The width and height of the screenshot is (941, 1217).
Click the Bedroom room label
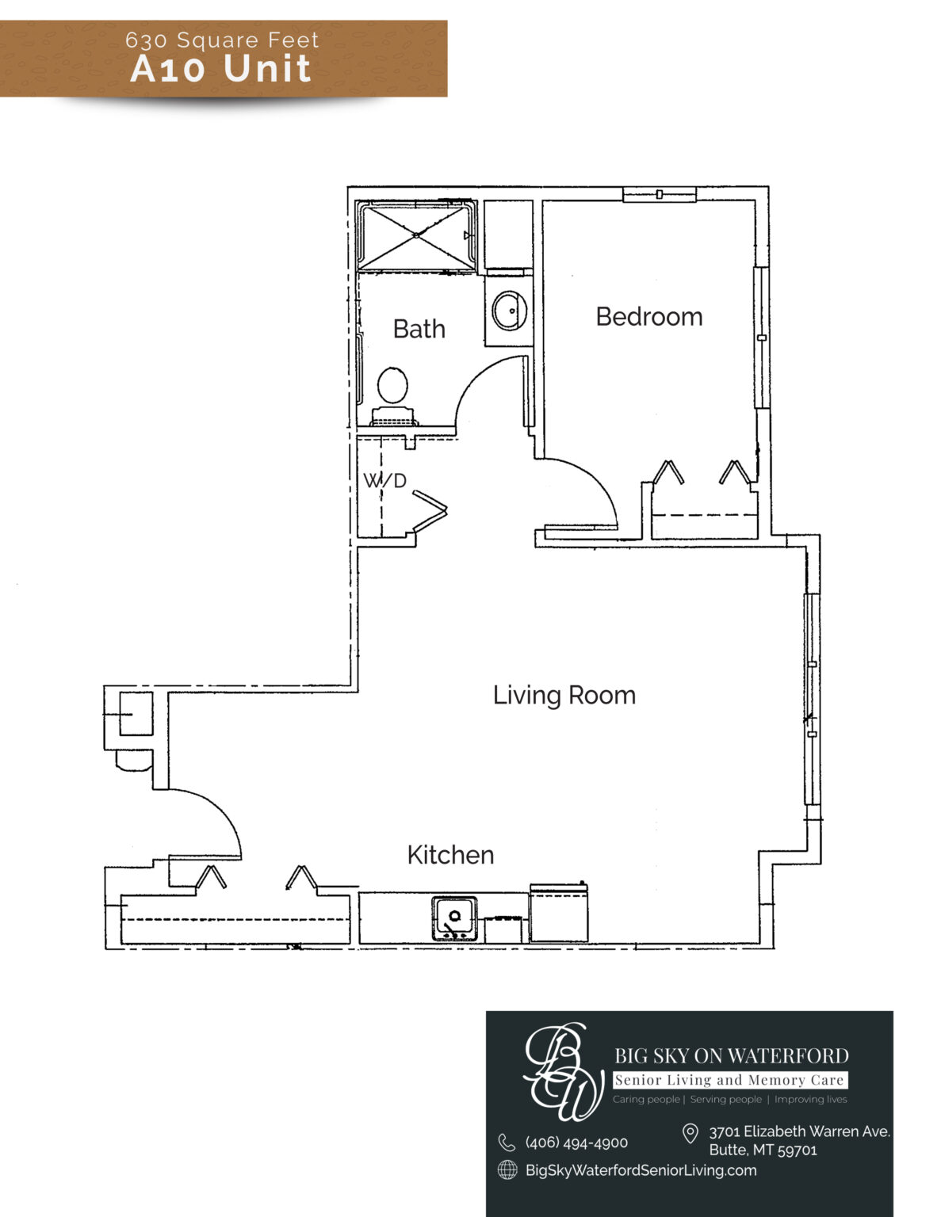(x=649, y=317)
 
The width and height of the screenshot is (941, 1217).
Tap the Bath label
(x=419, y=329)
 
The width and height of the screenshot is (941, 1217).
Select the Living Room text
(x=564, y=696)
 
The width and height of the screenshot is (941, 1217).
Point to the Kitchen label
(x=451, y=855)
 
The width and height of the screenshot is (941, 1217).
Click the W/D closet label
(x=384, y=480)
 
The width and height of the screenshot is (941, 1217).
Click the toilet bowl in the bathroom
(x=392, y=385)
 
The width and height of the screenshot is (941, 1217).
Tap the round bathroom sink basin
(x=510, y=311)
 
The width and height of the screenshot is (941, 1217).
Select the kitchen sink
(x=454, y=918)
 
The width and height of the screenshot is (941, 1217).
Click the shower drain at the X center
(x=416, y=235)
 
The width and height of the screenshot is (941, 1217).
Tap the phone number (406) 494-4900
(x=576, y=1143)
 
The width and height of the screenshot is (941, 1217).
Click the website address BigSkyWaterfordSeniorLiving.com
(x=641, y=1170)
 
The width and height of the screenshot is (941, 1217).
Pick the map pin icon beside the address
(x=690, y=1133)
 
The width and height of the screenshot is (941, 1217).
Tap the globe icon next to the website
(x=507, y=1170)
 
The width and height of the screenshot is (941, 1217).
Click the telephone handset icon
(x=507, y=1142)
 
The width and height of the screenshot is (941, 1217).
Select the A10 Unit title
(x=220, y=69)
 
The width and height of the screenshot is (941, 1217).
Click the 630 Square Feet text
(x=222, y=40)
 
